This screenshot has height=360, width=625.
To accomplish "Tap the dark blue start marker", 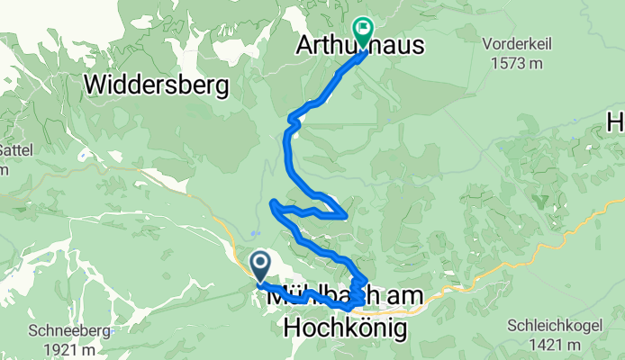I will click(x=260, y=265).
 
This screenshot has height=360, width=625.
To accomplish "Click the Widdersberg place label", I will click(x=158, y=85).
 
